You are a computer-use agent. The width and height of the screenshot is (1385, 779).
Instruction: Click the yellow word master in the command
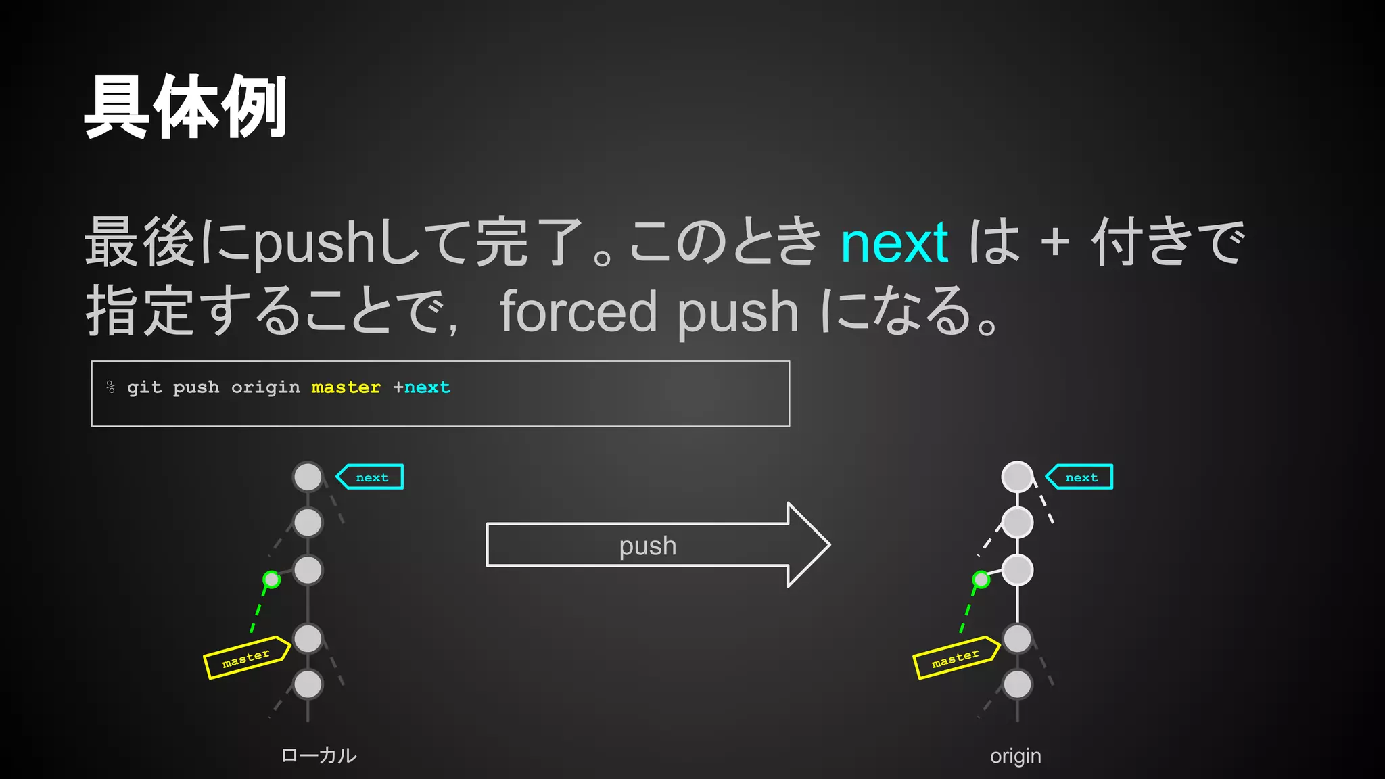point(346,387)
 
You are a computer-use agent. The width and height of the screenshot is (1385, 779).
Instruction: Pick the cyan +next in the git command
point(422,387)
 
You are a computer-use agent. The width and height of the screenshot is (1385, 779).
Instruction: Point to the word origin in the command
point(265,387)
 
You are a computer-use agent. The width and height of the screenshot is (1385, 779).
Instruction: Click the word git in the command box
point(144,387)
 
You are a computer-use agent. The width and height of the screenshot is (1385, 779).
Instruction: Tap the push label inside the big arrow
point(647,546)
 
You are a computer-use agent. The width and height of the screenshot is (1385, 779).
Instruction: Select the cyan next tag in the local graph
point(371,477)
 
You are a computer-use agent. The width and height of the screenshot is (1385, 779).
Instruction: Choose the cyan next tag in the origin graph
point(1081,477)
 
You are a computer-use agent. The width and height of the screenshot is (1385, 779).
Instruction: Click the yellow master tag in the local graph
point(247,657)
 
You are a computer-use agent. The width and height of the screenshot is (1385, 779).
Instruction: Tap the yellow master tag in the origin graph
point(956,657)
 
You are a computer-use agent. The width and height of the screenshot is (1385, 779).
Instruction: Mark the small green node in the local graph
point(271,580)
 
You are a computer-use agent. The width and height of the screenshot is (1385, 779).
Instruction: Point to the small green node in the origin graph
point(981,580)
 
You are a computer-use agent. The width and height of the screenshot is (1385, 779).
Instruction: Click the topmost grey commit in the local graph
point(308,477)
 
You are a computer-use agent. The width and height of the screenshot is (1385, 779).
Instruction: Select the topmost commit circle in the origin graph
point(1017,477)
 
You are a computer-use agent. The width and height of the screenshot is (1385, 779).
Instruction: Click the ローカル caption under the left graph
point(319,755)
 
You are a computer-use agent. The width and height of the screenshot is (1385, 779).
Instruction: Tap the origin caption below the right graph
point(1015,755)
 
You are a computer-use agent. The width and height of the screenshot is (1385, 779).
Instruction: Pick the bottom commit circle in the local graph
point(308,684)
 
